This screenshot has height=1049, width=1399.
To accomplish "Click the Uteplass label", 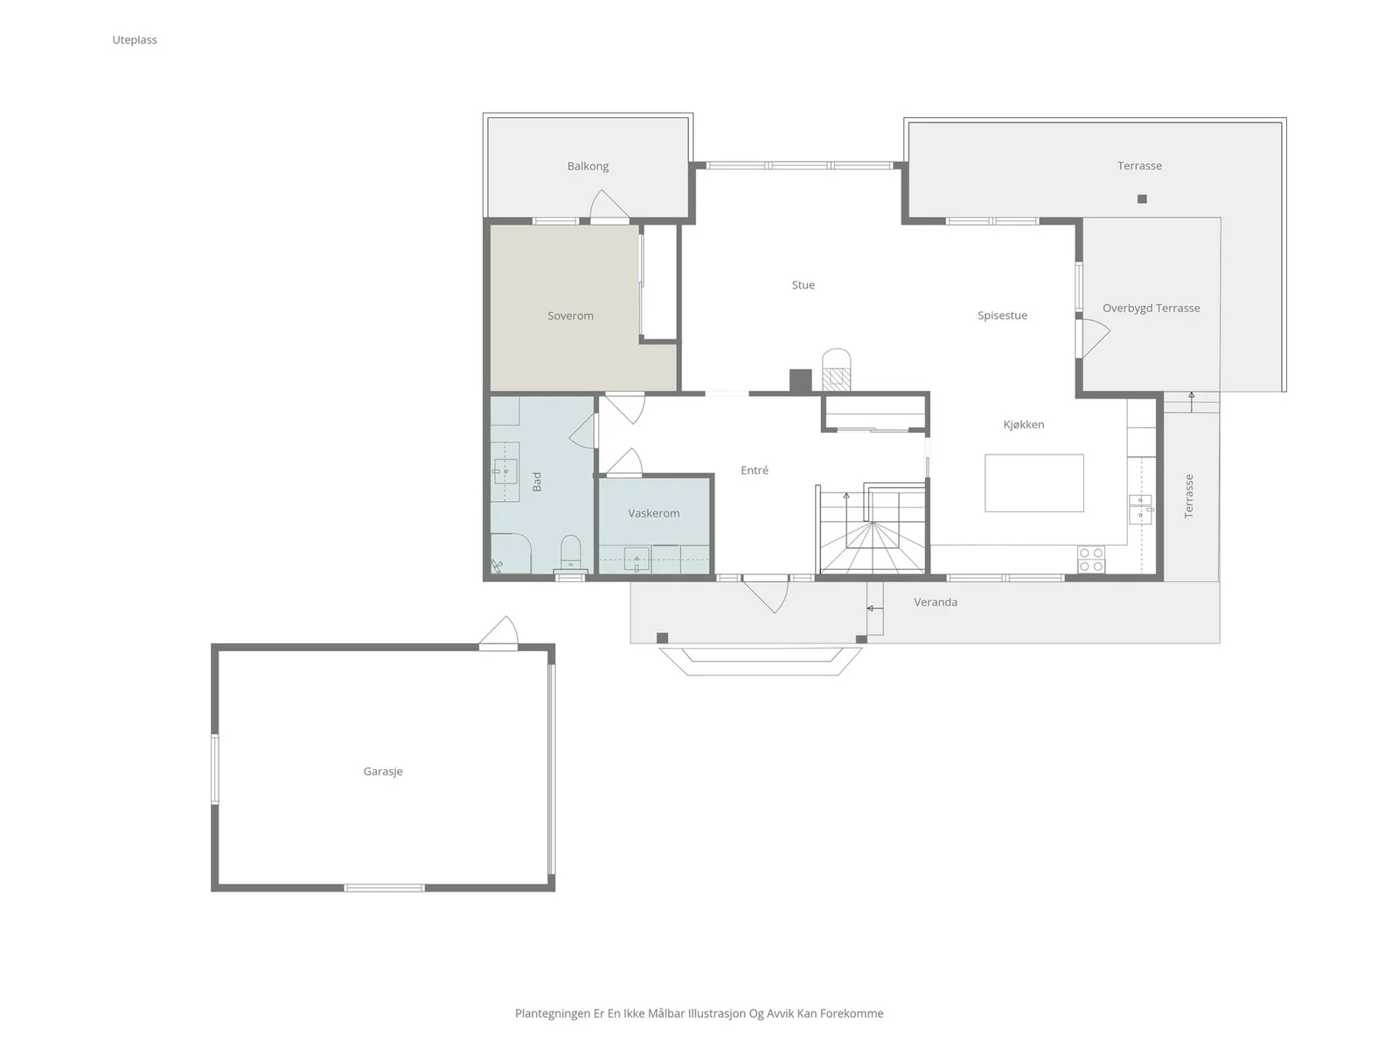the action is click(135, 39).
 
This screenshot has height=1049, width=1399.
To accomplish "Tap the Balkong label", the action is click(588, 166).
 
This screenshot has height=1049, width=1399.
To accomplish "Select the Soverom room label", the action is click(570, 316).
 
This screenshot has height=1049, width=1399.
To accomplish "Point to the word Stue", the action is click(803, 285).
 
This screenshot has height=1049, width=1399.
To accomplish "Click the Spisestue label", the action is click(1002, 316).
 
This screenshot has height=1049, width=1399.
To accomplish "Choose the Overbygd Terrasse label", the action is click(1151, 309).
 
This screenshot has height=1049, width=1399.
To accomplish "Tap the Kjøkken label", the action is click(1024, 424).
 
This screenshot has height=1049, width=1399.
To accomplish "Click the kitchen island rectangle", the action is click(1034, 483).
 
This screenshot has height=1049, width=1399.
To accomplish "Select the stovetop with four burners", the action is click(1091, 559).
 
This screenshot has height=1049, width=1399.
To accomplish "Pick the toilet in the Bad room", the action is click(570, 552).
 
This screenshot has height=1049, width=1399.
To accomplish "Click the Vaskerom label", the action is click(653, 513).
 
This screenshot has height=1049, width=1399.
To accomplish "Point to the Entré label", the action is click(754, 470).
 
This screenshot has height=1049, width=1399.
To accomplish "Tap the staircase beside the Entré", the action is click(871, 529).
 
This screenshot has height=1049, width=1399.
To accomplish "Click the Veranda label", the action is click(935, 602).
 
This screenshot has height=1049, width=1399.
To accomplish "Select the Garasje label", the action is click(382, 771).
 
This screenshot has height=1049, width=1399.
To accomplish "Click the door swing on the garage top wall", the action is click(500, 632).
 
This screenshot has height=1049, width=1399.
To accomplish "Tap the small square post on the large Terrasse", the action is click(1142, 198).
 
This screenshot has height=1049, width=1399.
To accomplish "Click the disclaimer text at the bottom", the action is click(699, 1013).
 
